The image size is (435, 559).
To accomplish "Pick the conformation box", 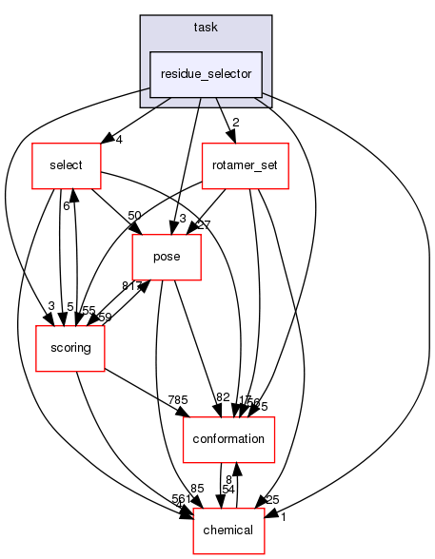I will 228,438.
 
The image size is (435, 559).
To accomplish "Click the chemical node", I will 228,528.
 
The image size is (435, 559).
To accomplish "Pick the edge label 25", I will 271,500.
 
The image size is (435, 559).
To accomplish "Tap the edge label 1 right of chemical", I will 283,516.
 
